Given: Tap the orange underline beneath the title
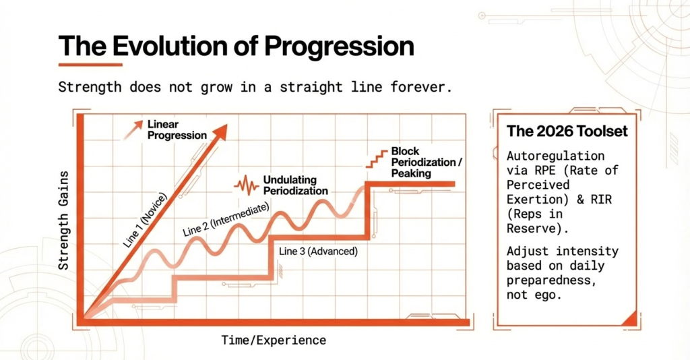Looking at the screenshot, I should click(90, 65).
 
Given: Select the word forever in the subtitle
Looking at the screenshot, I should click(416, 88).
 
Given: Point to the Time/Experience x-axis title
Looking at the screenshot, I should click(274, 340).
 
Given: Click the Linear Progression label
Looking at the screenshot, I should click(177, 129).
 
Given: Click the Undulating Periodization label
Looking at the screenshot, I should click(295, 185).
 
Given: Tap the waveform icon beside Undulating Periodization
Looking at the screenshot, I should click(246, 185).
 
